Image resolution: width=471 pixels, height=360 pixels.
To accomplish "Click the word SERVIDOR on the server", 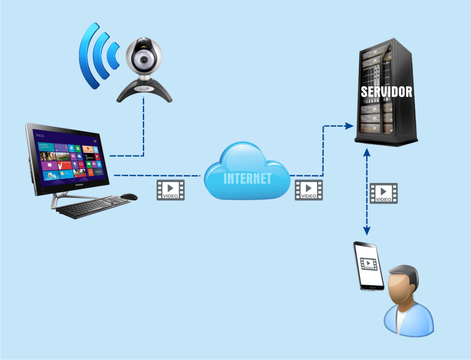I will point(386,92).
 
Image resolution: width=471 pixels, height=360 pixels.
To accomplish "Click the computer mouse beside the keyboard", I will point(129,197).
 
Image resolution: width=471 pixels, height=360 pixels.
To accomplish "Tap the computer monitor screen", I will point(69,156).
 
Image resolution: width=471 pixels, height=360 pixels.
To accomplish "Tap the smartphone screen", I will point(369,265).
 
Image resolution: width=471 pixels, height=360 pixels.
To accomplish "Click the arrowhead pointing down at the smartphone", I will point(367,231).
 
